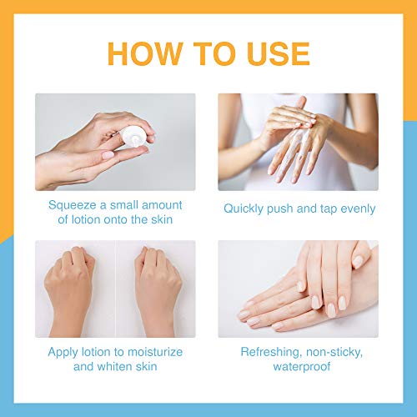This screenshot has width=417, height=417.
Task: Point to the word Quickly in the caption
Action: coord(247,208)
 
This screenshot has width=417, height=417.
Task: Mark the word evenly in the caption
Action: coord(356,208)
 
